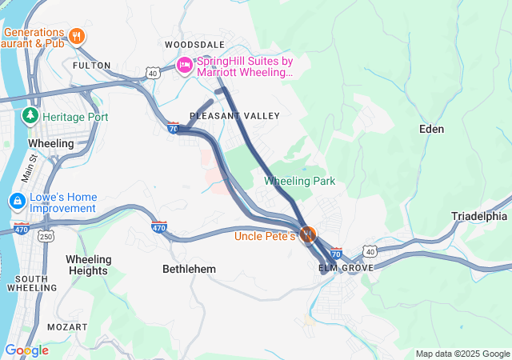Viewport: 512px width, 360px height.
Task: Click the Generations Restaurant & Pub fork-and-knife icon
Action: (x=77, y=35)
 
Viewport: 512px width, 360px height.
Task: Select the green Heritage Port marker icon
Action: (x=30, y=116)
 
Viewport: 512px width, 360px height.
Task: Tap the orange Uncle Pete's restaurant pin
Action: (x=307, y=235)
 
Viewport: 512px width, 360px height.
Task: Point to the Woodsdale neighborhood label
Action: (x=194, y=44)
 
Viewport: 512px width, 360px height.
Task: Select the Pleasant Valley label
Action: (x=234, y=116)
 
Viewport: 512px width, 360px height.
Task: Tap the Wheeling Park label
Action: (x=299, y=181)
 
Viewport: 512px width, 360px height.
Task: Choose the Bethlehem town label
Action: (x=189, y=269)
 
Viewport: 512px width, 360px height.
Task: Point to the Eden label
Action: (x=432, y=128)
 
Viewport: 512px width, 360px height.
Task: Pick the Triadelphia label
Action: (x=478, y=216)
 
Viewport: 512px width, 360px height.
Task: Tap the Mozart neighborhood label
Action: (x=67, y=328)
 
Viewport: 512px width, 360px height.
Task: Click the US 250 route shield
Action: (x=47, y=237)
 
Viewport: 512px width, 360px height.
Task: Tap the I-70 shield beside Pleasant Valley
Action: (x=174, y=127)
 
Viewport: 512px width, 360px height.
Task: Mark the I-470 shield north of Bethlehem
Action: (x=159, y=227)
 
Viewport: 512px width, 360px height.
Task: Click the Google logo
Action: (x=26, y=350)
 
